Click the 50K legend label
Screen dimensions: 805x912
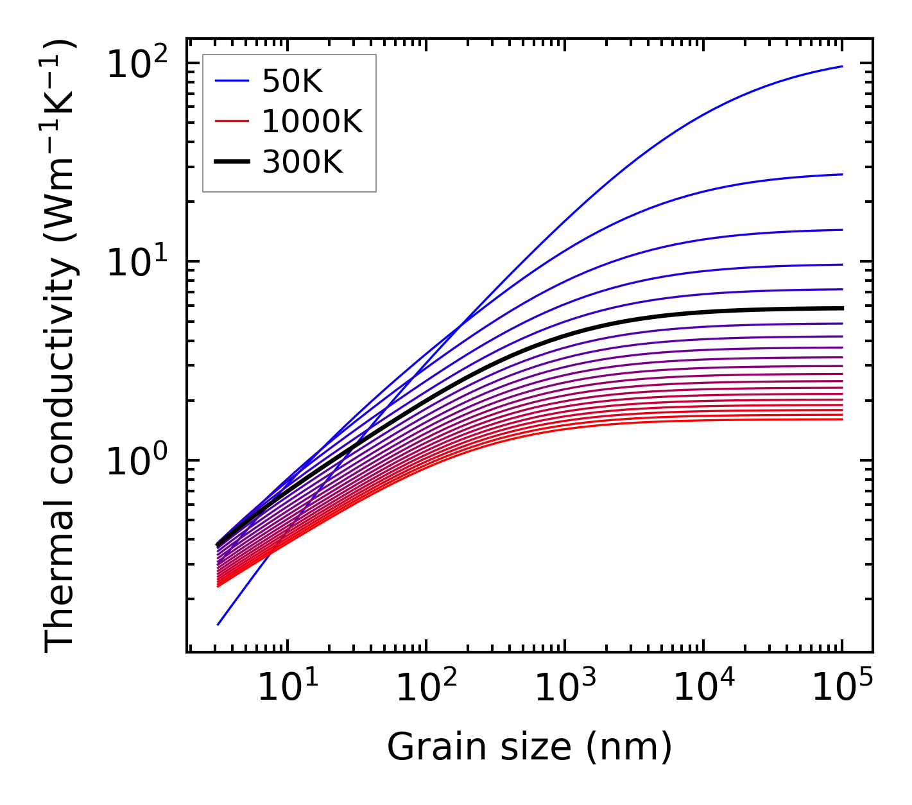(x=292, y=82)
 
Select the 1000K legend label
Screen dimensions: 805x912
(x=312, y=122)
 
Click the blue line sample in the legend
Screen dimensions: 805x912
(x=231, y=82)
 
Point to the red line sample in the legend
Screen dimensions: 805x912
(x=231, y=122)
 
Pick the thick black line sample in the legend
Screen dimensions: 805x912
(x=231, y=162)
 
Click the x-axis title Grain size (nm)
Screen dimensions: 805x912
(x=529, y=747)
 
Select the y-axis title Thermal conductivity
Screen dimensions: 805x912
(x=61, y=347)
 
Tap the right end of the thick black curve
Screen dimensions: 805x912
(x=841, y=308)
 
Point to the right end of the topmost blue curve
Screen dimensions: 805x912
(x=841, y=66)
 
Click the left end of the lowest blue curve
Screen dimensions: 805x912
(x=218, y=624)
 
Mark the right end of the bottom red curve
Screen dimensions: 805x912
(x=841, y=419)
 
